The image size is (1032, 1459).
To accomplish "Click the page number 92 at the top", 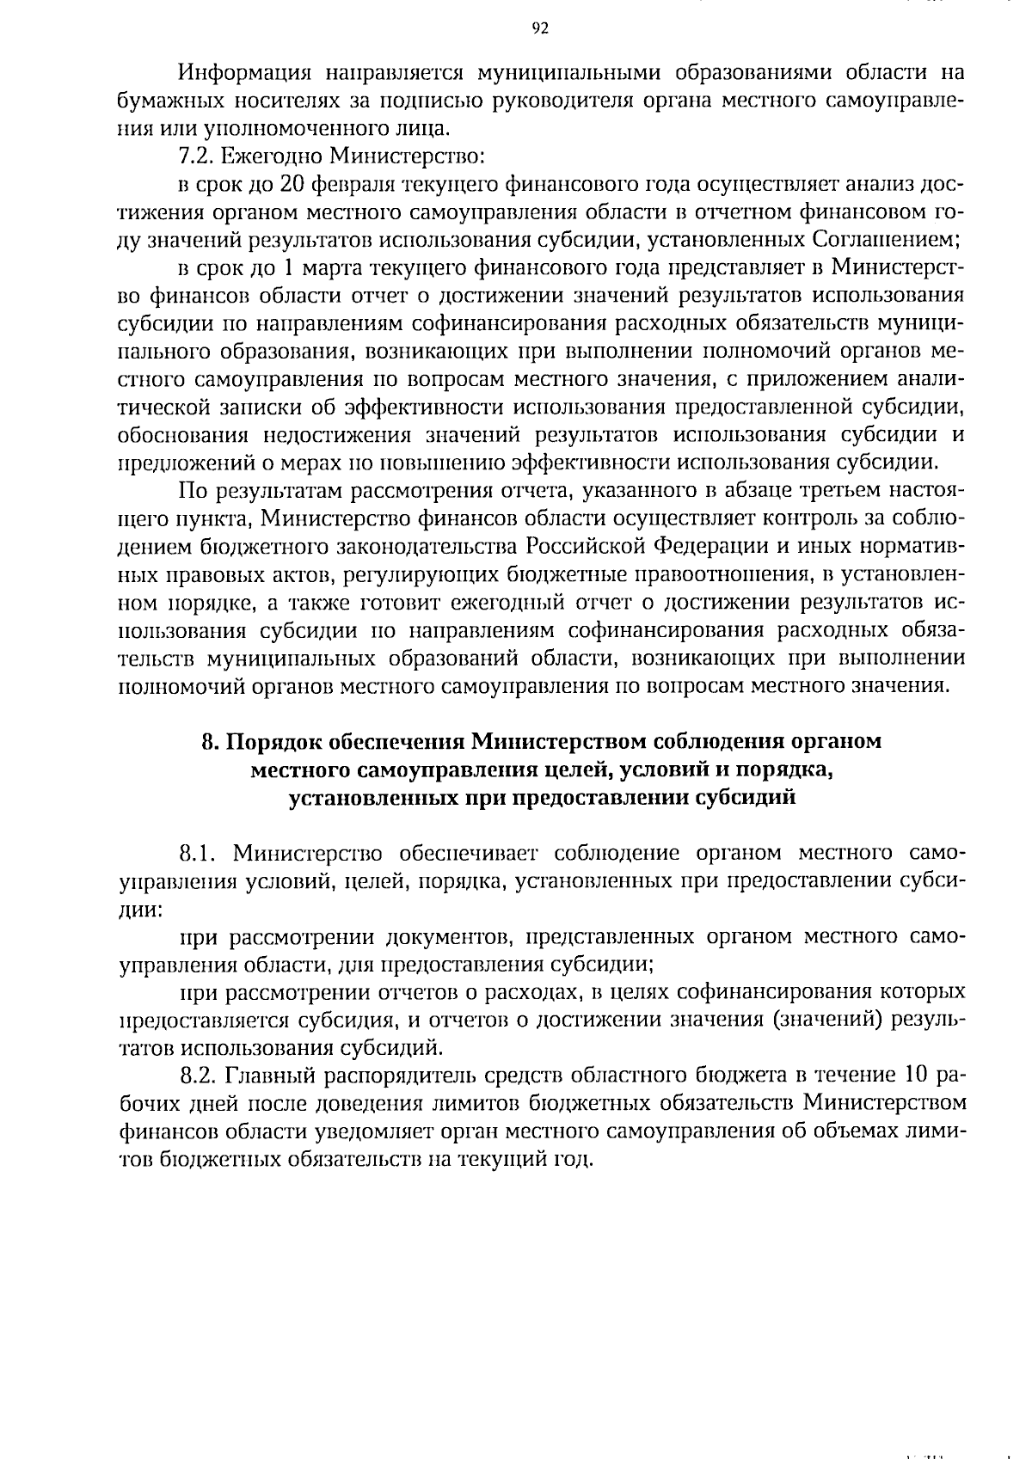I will pos(539,28).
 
